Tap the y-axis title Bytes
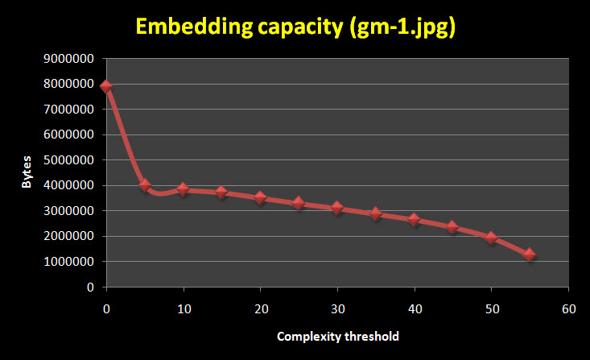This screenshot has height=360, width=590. pos(27,172)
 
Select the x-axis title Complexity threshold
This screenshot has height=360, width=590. pos(337,335)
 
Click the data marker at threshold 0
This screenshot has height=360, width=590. pos(106,86)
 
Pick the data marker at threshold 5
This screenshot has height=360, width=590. pos(145,184)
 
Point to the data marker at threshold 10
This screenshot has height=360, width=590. pos(184,189)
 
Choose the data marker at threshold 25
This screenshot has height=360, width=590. pos(299,203)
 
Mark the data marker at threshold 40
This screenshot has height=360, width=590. pos(415,219)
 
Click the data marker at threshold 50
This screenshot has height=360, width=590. pos(491,238)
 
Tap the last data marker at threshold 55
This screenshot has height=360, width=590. pos(530,254)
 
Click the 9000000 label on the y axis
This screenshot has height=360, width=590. pos(71,59)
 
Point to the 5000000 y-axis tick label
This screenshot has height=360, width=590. pos(71,160)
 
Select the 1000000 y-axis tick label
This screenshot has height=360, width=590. pos(71,262)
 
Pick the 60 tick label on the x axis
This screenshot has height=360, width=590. pos(569,308)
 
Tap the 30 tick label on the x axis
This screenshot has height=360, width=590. pos(338,308)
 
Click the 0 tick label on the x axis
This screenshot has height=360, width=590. pos(106,308)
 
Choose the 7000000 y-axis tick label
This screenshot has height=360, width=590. pos(71,110)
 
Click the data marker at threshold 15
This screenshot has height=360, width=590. pos(222,192)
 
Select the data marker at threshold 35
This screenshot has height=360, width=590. pos(376,213)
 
